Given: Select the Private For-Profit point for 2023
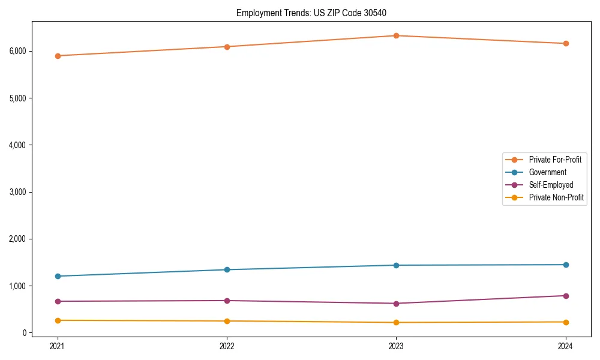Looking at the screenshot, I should [396, 35].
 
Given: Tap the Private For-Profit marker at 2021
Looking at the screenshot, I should [58, 56].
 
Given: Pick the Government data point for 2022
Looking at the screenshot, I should [227, 269].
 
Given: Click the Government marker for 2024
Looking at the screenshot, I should [566, 265].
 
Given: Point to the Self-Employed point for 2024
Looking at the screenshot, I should [566, 296].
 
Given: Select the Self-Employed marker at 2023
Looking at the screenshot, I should [396, 304].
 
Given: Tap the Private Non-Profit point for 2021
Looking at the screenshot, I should [58, 320].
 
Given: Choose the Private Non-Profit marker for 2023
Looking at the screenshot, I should [396, 323].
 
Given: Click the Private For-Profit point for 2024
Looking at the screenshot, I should [566, 43].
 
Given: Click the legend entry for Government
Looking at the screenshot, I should [547, 172].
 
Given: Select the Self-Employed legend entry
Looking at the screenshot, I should [551, 185].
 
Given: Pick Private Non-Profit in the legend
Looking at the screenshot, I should [556, 197].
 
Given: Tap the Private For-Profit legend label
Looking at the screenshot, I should [555, 160].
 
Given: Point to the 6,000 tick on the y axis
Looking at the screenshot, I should [17, 51].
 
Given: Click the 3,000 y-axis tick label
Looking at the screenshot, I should [17, 192].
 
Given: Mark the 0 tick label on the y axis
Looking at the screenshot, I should [25, 333].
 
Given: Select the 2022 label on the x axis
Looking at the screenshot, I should [227, 346].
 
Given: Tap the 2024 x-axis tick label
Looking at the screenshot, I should [566, 346].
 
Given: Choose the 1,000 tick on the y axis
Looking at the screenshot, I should [17, 286].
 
